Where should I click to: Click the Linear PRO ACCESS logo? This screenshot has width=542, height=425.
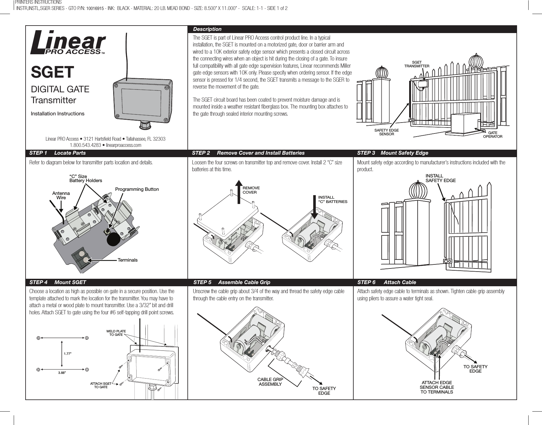(x=68, y=42)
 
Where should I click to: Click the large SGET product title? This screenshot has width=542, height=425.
(x=52, y=72)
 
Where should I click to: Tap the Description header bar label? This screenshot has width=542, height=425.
(x=207, y=29)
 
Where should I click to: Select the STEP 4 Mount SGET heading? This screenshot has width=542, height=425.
(x=58, y=282)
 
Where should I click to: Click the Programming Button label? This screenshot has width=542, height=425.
(x=137, y=189)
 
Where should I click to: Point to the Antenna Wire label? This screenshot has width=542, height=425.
(x=61, y=196)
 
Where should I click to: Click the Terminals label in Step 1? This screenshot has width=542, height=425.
(x=128, y=260)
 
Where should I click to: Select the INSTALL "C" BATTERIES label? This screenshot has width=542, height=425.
(x=332, y=200)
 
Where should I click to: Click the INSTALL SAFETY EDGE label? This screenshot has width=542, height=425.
(x=440, y=178)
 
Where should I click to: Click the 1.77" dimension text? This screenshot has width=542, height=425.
(x=68, y=354)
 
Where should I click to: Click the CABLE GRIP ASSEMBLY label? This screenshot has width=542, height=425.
(x=270, y=382)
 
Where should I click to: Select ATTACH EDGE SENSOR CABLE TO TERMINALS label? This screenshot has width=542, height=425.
(x=437, y=387)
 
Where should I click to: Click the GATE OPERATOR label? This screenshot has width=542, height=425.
(x=492, y=135)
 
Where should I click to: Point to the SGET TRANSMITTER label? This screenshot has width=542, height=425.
(x=417, y=64)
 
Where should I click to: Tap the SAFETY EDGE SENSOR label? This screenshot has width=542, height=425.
(x=386, y=132)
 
